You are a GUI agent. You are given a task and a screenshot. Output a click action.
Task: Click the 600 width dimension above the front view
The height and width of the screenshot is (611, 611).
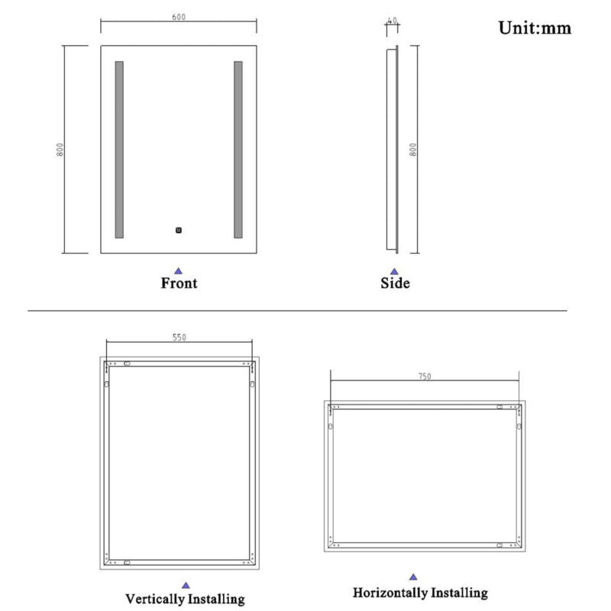pos(179,17)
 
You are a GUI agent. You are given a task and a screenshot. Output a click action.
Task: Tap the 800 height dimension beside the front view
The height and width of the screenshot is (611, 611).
pos(60,150)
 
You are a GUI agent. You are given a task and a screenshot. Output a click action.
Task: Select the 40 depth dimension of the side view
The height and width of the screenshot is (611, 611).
pos(393,21)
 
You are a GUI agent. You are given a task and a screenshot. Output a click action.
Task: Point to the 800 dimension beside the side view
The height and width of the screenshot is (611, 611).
pos(413,150)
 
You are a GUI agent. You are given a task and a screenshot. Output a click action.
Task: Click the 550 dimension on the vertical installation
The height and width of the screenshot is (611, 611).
pos(179,338)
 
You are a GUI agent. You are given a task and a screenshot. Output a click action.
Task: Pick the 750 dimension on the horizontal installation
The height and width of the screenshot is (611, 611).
pos(425,377)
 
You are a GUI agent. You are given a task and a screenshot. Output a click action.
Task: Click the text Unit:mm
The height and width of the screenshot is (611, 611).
pos(535,28)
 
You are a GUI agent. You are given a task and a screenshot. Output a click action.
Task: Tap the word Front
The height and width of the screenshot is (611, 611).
pos(179,283)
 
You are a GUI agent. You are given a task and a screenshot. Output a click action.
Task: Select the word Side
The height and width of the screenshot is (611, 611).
pos(395,283)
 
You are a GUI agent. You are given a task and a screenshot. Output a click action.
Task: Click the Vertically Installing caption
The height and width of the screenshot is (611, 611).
pos(185,599)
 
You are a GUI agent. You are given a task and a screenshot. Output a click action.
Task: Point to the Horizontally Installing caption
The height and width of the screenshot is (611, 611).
pos(420,593)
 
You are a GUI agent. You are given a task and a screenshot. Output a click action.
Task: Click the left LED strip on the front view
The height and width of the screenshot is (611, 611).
pos(119,150)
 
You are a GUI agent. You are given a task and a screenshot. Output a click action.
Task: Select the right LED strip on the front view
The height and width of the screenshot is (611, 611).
pos(238,150)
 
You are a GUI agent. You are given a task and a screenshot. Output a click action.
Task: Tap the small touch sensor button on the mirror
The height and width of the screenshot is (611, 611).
pos(179,231)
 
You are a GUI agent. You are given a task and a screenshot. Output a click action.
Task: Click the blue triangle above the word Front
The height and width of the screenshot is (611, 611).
pos(178,271)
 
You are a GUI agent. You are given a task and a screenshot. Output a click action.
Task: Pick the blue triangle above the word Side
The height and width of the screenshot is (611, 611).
pos(394,271)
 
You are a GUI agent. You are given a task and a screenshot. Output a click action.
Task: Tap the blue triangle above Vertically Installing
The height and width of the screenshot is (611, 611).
pos(186,585)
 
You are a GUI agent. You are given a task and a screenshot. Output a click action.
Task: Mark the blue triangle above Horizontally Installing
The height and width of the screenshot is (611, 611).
pos(413,577)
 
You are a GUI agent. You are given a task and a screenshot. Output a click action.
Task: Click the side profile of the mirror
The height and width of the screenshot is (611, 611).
pos(393,150)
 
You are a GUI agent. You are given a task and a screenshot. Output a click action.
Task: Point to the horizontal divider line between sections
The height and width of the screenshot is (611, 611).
pos(297,311)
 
